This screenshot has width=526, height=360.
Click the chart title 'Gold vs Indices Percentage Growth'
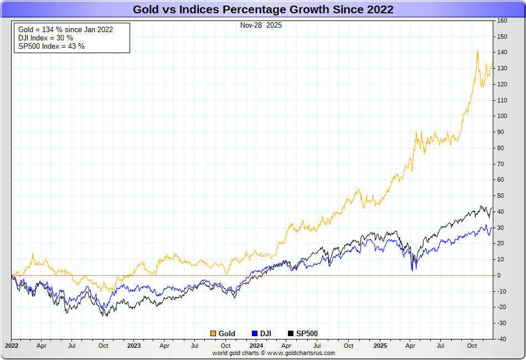coord(263,9)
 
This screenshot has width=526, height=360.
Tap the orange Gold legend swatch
coord(213,333)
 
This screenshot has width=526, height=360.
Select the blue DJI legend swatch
coord(255,333)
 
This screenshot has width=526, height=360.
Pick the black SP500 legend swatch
coord(291,333)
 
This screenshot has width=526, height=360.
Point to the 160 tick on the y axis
coord(502,21)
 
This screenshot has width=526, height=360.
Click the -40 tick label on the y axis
coord(502,339)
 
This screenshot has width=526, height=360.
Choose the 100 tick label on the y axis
coord(502,116)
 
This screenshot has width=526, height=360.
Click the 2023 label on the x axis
coord(134,346)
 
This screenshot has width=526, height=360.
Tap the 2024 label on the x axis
coord(256,346)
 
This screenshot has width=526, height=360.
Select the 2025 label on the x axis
coord(379,346)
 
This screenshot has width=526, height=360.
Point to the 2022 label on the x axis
coord(12,346)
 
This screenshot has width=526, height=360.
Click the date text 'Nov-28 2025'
coord(261,25)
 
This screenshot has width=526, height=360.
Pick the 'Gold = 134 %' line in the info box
coord(65,29)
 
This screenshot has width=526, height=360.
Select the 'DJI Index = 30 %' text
coord(45,38)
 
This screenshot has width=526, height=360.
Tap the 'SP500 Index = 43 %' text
coord(51,46)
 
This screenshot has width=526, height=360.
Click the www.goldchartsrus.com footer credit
coord(274,353)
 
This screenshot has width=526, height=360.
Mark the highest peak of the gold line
coord(478,50)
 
